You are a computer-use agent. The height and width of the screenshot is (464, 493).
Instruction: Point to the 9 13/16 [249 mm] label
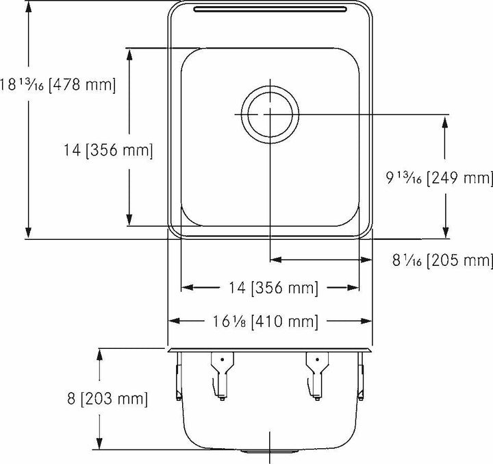(439, 179)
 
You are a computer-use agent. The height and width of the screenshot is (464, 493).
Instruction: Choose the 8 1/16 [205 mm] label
(442, 260)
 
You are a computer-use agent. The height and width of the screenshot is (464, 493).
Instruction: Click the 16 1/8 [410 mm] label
(270, 321)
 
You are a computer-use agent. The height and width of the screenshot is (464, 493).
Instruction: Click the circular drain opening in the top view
(270, 112)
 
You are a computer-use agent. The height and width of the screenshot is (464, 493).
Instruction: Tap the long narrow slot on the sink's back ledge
(270, 9)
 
